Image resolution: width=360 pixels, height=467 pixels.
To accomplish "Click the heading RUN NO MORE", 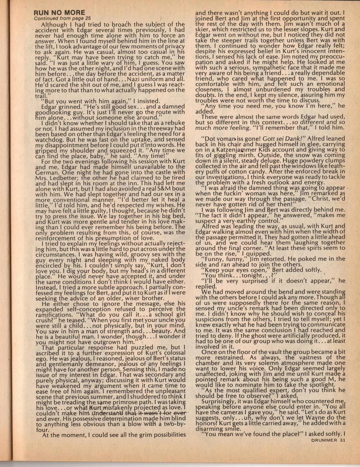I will (x=59, y=13).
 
